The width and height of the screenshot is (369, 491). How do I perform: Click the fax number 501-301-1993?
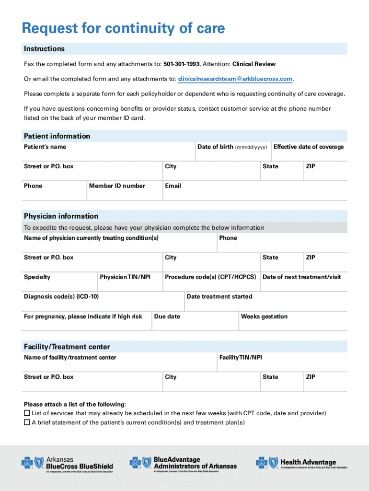pos(181,64)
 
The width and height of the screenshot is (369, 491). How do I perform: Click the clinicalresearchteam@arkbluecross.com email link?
pos(235,79)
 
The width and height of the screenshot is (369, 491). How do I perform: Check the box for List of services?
pos(27,413)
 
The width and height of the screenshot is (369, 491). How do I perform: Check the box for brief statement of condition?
pos(27,422)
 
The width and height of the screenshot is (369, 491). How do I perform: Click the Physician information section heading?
pos(61,216)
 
